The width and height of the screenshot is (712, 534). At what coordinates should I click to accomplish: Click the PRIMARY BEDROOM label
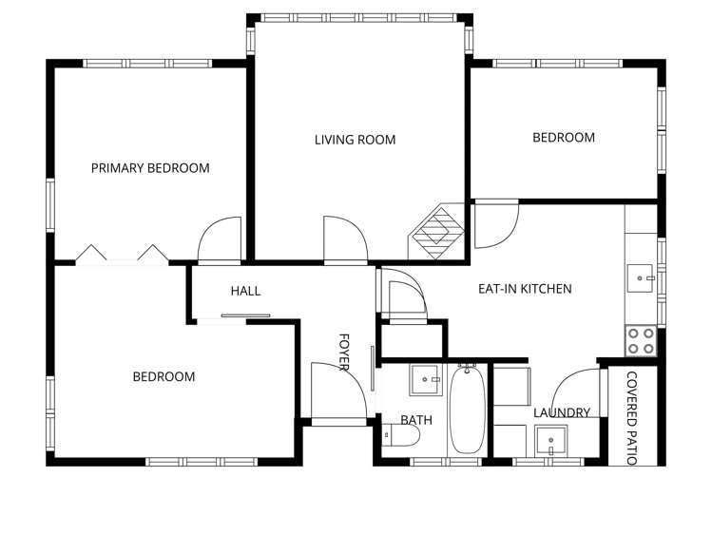click(x=150, y=168)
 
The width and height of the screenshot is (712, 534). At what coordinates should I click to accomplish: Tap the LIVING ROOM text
click(x=355, y=140)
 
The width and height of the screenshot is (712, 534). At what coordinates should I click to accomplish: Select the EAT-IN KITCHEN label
click(x=525, y=289)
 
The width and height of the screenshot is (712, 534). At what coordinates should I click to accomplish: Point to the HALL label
click(x=245, y=292)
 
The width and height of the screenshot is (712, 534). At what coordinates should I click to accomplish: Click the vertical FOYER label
click(x=345, y=353)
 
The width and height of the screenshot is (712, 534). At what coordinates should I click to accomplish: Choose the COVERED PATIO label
click(x=630, y=418)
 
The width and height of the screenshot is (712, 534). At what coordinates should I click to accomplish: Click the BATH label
click(x=416, y=419)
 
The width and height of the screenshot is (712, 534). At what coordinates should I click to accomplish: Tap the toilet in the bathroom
click(x=400, y=436)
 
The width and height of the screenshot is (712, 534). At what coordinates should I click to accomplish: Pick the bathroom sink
click(x=425, y=380)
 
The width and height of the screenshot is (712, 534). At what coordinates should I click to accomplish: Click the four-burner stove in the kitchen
click(x=641, y=340)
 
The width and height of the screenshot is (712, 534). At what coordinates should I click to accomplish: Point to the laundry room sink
click(x=549, y=441)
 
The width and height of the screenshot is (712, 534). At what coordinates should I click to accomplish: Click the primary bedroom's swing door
click(x=219, y=240)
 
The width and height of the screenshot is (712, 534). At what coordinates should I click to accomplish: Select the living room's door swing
click(x=342, y=239)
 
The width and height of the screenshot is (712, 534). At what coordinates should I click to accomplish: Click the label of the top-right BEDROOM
click(x=563, y=138)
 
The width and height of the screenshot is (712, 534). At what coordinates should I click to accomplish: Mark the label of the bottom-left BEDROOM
click(x=164, y=377)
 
